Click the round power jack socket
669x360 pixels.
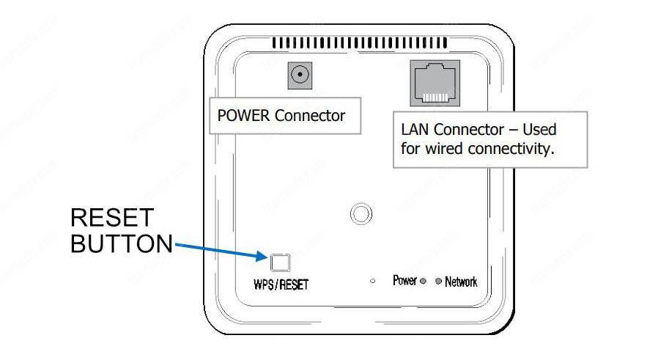tap(300, 74)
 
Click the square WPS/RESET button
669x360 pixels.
tap(281, 262)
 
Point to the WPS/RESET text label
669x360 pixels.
tap(281, 284)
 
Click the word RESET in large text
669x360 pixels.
tap(112, 218)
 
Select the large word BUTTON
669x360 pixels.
tap(122, 244)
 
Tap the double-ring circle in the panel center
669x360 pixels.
tap(359, 213)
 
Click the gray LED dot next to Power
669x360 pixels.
tap(423, 282)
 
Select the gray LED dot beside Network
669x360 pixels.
tap(439, 282)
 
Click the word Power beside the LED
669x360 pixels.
tap(404, 281)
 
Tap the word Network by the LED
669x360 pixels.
tap(461, 282)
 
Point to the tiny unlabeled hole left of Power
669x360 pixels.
tap(373, 282)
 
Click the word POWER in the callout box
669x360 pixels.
tap(244, 116)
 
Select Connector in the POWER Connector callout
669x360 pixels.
tap(311, 116)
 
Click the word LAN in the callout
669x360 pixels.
tap(415, 130)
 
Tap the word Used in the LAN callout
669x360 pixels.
tap(539, 130)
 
